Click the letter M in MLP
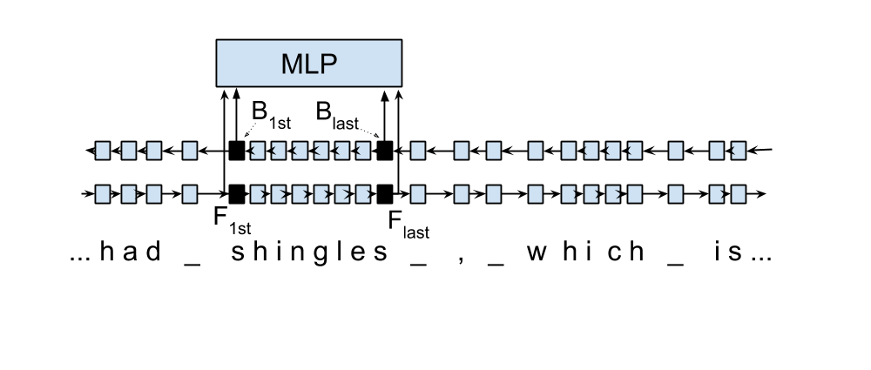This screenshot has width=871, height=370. coord(290,64)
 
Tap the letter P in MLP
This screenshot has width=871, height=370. coord(327,64)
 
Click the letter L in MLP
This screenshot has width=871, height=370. coord(309,64)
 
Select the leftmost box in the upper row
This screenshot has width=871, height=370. coord(103,151)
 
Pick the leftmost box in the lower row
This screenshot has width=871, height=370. coord(103,193)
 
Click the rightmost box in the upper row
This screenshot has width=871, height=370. coord(738,151)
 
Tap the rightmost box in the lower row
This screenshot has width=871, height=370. coord(738,193)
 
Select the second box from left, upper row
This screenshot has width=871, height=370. coord(128,151)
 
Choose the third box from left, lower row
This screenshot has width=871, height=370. coord(154,193)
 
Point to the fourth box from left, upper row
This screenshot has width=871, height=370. coord(190,151)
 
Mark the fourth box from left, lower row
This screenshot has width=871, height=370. coord(190,193)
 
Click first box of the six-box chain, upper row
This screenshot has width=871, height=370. coord(257,151)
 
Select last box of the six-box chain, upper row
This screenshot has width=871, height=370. coord(363,151)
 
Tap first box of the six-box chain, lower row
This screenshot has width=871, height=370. coord(257,193)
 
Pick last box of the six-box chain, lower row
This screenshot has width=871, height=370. coord(363,193)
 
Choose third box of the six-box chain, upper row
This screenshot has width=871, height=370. coord(300,151)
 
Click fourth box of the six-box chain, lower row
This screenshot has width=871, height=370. coord(321,193)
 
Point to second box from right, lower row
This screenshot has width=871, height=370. coord(717,193)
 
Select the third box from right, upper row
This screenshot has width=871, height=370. coord(675,151)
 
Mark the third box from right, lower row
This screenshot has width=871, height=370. coord(675,193)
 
